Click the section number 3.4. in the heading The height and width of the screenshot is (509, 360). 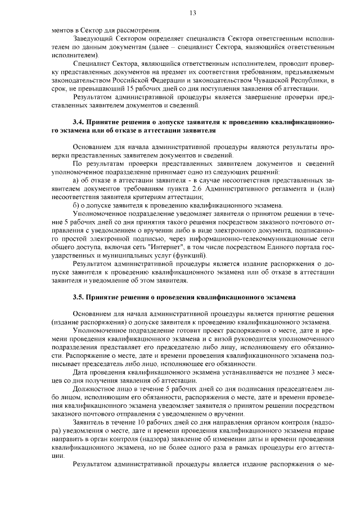click(x=80, y=121)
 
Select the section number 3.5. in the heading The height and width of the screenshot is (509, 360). click(x=80, y=297)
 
